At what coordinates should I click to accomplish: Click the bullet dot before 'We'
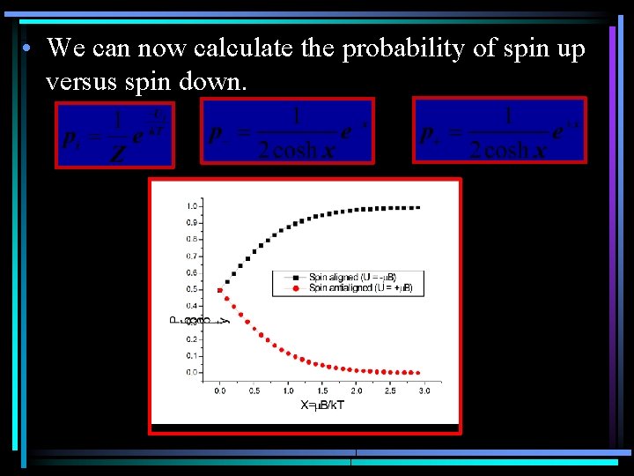29,50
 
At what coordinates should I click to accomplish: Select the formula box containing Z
114,134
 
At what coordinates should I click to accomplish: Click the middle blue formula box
287,130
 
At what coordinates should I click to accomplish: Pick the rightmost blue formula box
499,130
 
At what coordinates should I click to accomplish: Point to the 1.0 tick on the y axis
191,205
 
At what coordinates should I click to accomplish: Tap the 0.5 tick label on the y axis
191,289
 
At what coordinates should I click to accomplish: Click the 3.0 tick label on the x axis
424,390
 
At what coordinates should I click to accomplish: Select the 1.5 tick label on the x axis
322,390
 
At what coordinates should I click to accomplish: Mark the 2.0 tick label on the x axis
357,390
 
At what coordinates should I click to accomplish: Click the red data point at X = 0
219,289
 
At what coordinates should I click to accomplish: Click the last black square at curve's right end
417,207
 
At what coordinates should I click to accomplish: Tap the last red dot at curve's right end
417,372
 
